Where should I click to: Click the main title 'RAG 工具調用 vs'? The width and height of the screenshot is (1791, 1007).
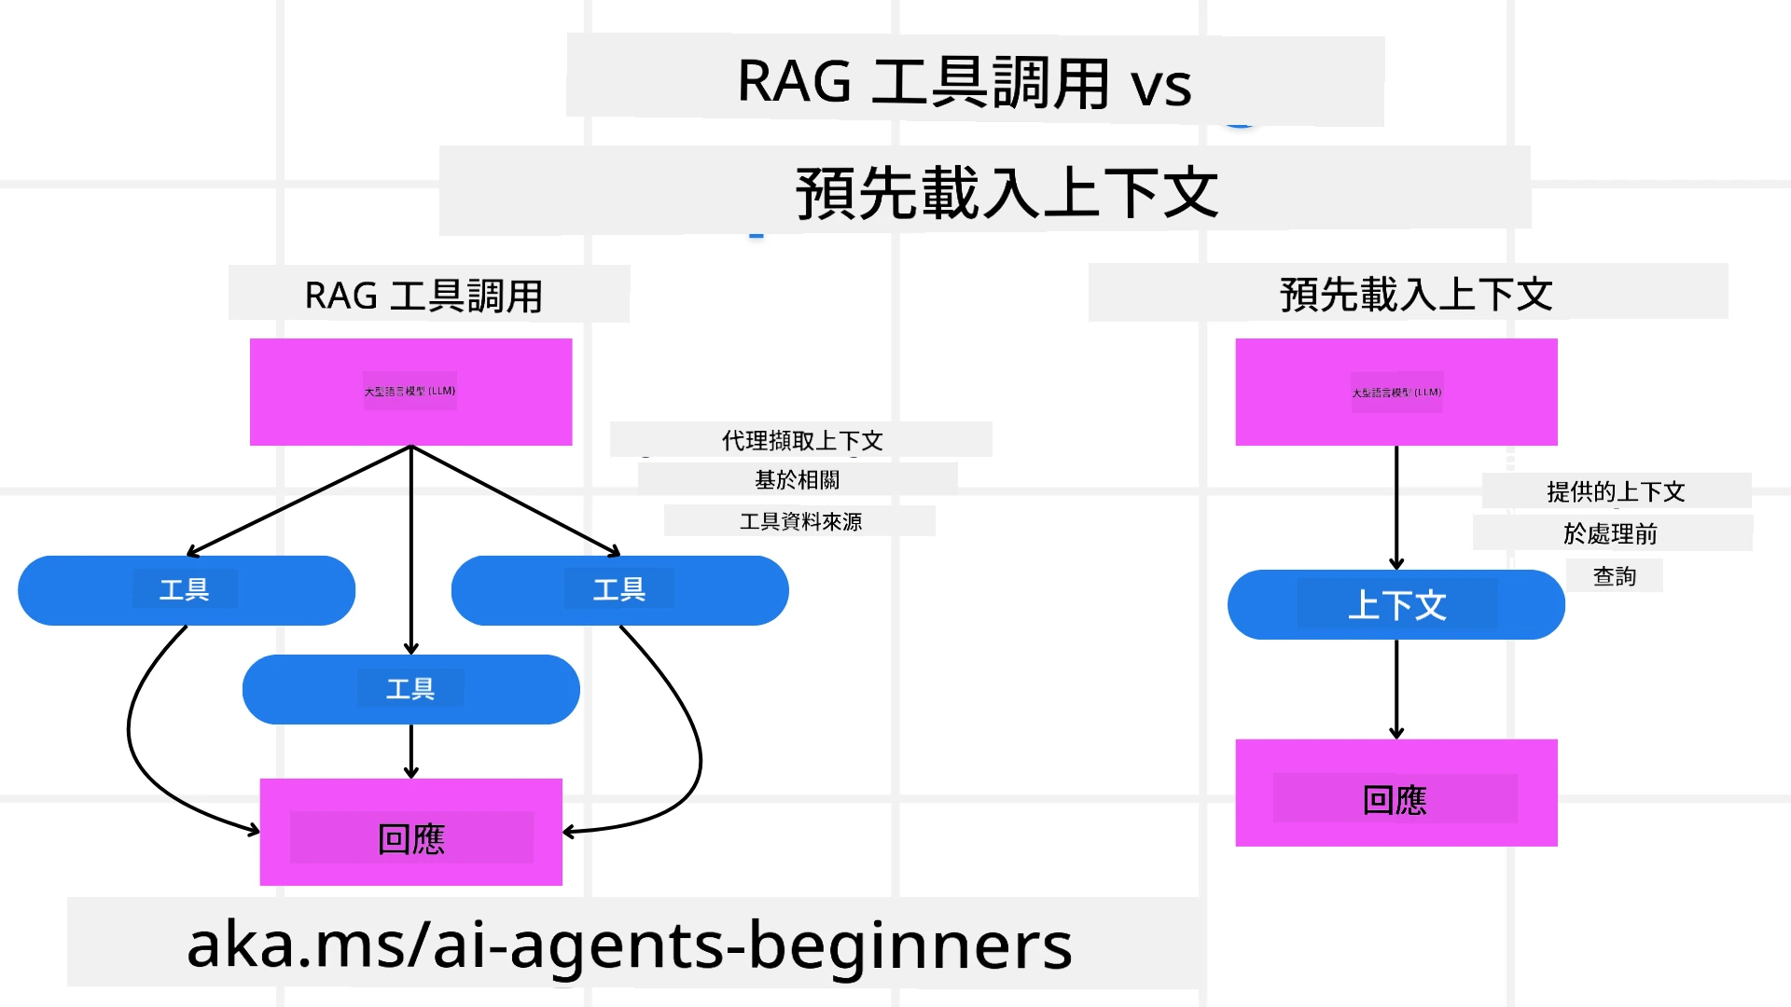[965, 82]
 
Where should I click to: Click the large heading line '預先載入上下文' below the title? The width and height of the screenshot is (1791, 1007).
[1006, 193]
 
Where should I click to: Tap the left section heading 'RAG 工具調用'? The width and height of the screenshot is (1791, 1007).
[423, 296]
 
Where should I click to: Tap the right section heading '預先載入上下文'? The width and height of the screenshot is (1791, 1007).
[1415, 295]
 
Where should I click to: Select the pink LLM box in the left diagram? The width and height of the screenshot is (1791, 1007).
[410, 392]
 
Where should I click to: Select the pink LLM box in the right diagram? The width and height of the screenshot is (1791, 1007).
[1395, 392]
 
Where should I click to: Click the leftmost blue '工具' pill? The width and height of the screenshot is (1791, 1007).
[186, 590]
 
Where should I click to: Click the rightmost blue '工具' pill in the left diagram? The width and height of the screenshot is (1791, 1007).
[619, 590]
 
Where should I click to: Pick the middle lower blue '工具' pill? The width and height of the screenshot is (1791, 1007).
[410, 689]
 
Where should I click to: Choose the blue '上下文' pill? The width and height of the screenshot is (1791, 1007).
[1395, 605]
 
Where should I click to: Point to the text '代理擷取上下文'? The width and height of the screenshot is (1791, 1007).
[801, 440]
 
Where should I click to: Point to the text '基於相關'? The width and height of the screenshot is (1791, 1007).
[798, 479]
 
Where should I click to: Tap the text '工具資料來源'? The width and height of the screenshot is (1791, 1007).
[800, 521]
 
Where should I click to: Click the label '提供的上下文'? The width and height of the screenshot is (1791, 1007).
[1616, 491]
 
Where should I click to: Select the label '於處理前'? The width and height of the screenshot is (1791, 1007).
[1611, 533]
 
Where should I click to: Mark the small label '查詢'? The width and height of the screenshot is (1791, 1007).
[1614, 576]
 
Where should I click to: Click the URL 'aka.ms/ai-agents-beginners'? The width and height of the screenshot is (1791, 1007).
[630, 945]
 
